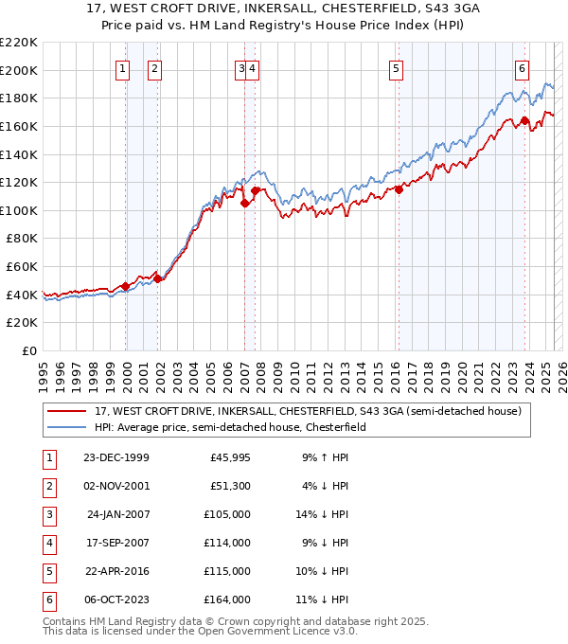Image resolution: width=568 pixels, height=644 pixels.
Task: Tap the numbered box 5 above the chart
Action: click(395, 67)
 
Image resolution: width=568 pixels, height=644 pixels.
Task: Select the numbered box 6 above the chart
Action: click(522, 67)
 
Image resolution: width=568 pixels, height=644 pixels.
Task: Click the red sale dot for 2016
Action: click(399, 189)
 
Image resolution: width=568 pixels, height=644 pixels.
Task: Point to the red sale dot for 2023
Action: click(524, 120)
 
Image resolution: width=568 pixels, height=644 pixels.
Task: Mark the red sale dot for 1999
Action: click(126, 286)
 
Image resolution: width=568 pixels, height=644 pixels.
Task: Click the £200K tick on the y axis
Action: click(19, 70)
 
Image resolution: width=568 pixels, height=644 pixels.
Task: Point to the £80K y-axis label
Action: click(22, 239)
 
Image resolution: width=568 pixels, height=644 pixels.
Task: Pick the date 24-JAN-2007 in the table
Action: click(117, 514)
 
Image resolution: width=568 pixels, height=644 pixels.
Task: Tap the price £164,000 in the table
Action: click(230, 599)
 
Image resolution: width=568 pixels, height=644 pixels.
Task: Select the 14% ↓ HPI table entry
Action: click(323, 514)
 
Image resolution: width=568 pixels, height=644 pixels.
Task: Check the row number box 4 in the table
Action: click(48, 543)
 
